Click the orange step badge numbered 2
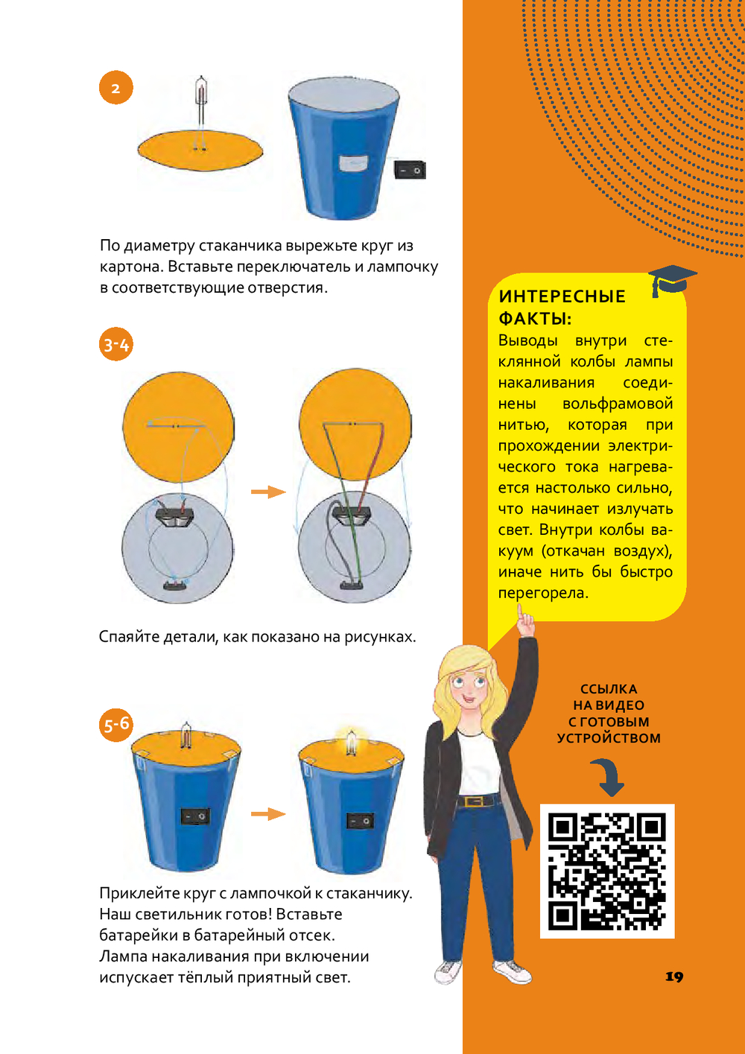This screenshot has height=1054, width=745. tap(115, 87)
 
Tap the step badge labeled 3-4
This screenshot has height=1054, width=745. tap(115, 345)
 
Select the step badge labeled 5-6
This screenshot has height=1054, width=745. tap(115, 725)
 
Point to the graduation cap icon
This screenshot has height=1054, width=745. tap(672, 280)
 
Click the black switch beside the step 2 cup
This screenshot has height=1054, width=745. tap(410, 170)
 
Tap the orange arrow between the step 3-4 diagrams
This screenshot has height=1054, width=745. tap(268, 492)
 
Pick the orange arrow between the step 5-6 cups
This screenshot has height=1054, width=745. tap(268, 814)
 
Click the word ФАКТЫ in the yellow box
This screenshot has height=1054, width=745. tap(535, 319)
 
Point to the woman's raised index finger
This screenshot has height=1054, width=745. tap(521, 612)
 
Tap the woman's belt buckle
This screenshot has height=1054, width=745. tap(471, 801)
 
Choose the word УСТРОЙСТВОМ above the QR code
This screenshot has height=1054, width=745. tap(609, 738)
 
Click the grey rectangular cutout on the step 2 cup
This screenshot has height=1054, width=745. tap(354, 163)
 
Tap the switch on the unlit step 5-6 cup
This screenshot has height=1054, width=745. tap(195, 816)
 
